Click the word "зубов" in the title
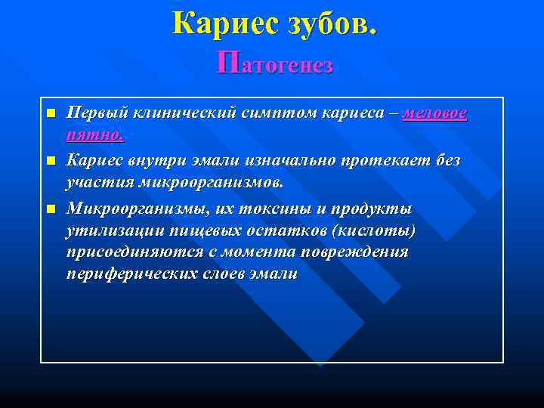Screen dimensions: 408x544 tap(329, 23)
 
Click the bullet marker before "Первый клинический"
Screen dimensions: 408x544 tap(51, 114)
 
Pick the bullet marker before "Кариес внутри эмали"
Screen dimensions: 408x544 tap(51, 161)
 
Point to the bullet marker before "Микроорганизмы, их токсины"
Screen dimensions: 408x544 tap(51, 208)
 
